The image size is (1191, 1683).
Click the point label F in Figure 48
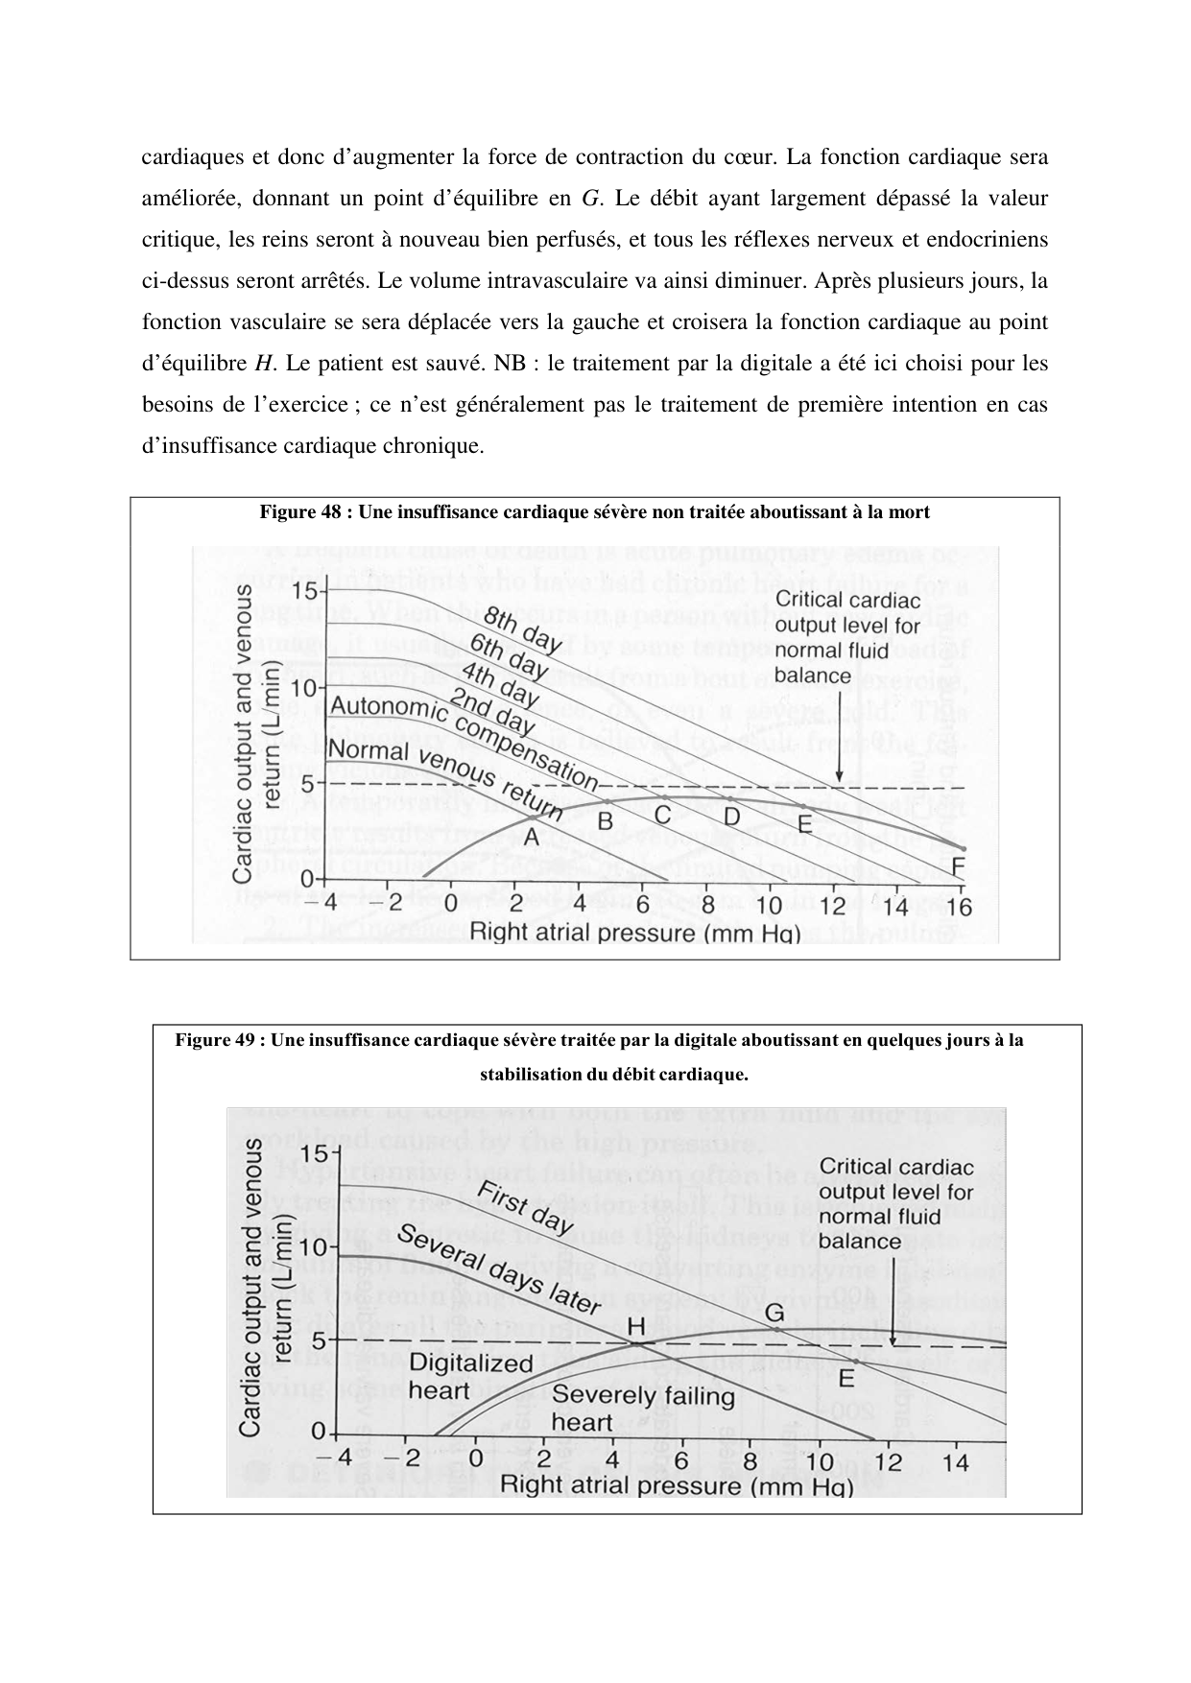tap(958, 867)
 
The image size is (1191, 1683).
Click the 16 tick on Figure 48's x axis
tap(958, 907)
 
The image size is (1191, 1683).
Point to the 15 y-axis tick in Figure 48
tap(304, 590)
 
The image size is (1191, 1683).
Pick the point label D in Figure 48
tap(732, 817)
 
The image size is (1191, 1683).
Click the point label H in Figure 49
tap(635, 1327)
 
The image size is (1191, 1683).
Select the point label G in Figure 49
tap(774, 1313)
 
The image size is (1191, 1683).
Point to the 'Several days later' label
tap(498, 1270)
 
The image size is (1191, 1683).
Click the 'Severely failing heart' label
tap(643, 1408)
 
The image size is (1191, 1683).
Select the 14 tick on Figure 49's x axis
tap(955, 1462)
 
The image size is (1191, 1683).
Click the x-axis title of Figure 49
tap(677, 1486)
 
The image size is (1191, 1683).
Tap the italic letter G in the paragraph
tap(590, 199)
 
